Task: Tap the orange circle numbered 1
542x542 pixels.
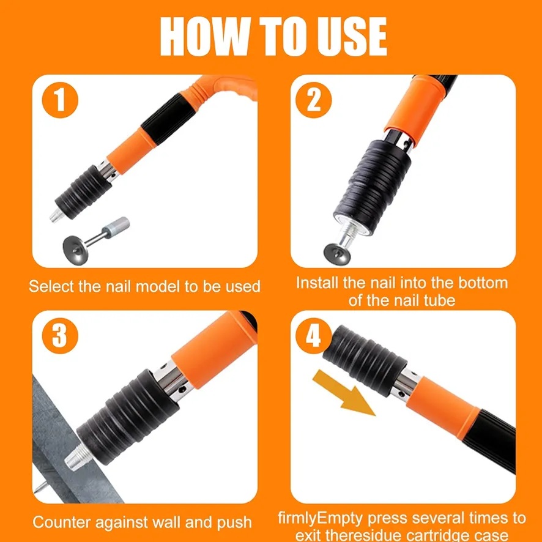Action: tap(60, 100)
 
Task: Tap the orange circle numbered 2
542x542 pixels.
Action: tap(314, 100)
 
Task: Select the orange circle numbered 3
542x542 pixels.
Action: tap(60, 336)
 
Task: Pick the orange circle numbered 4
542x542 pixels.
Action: tap(313, 336)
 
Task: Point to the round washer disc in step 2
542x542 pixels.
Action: tap(337, 254)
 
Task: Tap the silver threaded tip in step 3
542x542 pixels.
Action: tap(78, 456)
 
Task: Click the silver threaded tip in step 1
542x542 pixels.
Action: tap(56, 215)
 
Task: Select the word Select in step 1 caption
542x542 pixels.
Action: tap(51, 286)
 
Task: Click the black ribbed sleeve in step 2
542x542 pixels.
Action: tap(373, 187)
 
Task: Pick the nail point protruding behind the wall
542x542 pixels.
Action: tap(40, 488)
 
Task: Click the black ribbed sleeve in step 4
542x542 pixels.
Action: tap(365, 360)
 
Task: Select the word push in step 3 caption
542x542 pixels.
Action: tap(234, 523)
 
